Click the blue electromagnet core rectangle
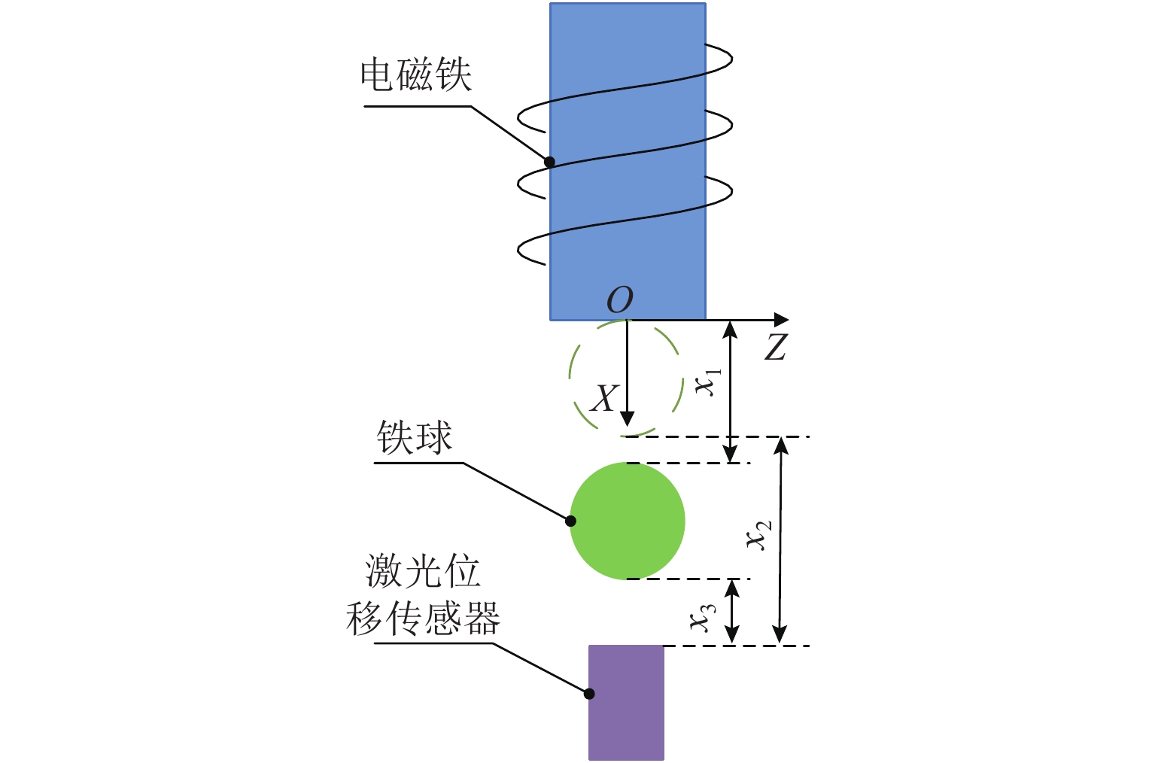[x=628, y=161]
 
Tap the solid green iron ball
[x=627, y=521]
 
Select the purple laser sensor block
[x=626, y=702]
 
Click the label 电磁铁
[x=415, y=74]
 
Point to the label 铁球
[x=414, y=437]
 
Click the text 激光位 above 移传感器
[x=423, y=571]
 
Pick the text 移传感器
[x=423, y=618]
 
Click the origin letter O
[x=620, y=299]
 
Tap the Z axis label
[x=776, y=346]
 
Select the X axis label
[x=603, y=398]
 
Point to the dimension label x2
[x=759, y=535]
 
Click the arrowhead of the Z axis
[x=782, y=320]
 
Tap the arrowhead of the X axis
[x=627, y=418]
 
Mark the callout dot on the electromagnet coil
[x=549, y=162]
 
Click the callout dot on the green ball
[x=570, y=521]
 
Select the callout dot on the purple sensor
[x=589, y=694]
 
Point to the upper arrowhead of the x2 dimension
[x=781, y=446]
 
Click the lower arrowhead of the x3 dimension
[x=731, y=634]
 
